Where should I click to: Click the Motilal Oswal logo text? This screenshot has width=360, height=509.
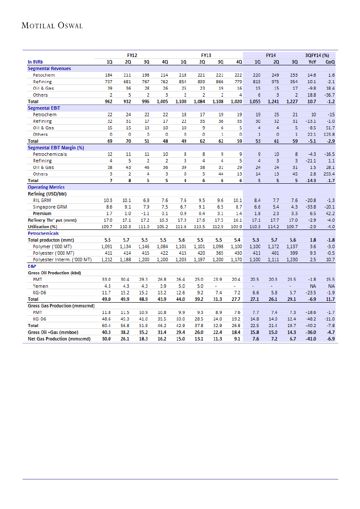52,26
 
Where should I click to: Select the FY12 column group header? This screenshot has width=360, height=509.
132,56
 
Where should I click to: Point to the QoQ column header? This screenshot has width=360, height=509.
330,62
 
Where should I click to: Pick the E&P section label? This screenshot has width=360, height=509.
32,266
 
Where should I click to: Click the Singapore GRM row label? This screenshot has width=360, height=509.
50,207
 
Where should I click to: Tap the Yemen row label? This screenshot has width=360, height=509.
40,286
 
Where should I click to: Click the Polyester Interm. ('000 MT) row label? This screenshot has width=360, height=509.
62,260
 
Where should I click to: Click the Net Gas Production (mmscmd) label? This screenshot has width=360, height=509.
59,338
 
